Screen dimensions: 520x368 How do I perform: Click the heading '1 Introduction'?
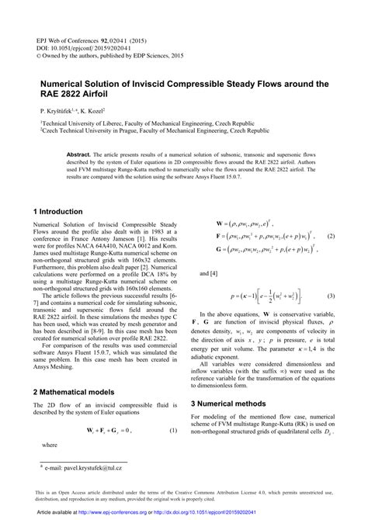coord(57,211)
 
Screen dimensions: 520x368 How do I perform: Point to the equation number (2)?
coord(330,236)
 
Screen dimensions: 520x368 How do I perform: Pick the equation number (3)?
coord(330,296)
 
